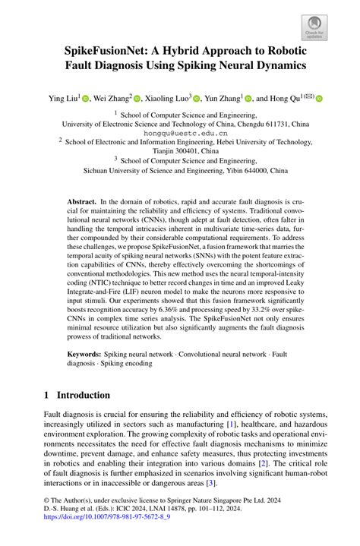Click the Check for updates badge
(x=314, y=27)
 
